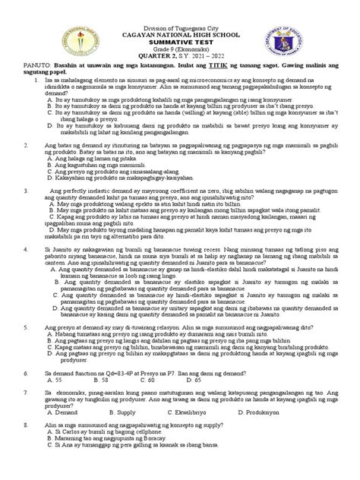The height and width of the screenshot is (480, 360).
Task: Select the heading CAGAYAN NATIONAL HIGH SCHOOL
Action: coord(180,24)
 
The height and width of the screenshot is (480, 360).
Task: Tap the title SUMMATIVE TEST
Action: coord(180,34)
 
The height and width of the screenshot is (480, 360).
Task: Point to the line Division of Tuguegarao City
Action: coord(180,14)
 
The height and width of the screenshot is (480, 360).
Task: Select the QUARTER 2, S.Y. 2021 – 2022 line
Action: coord(180,53)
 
